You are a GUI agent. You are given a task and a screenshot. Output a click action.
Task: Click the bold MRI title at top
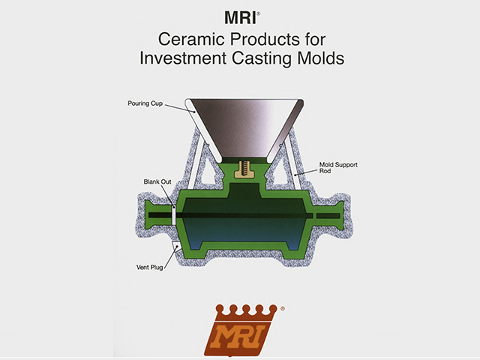point(240,18)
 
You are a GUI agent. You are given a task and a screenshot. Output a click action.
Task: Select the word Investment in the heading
point(183,58)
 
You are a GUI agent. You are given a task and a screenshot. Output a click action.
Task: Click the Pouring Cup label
point(145,103)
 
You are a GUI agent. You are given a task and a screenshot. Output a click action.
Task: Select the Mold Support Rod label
point(338,168)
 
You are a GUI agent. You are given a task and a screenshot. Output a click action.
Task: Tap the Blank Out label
point(157,181)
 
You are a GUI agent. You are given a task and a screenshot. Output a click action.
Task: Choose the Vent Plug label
point(149,267)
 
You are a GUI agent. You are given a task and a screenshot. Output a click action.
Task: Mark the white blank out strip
point(174,216)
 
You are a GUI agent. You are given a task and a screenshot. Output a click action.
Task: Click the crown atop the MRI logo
point(246,313)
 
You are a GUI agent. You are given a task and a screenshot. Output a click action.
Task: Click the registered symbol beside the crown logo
point(283,308)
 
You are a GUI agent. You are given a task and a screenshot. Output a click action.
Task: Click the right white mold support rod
point(292,165)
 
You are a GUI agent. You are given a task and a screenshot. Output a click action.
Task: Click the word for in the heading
point(315,39)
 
